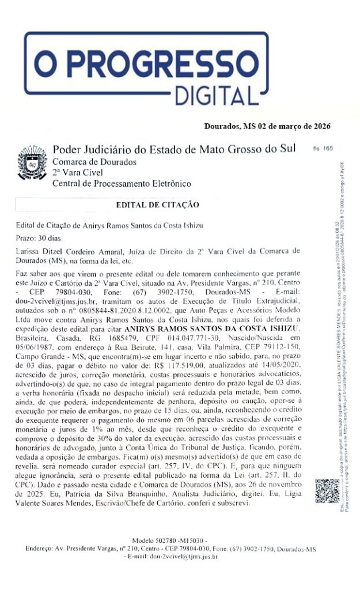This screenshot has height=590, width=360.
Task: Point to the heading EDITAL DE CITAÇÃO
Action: click(x=157, y=205)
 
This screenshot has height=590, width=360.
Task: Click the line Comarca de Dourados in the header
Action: click(x=94, y=161)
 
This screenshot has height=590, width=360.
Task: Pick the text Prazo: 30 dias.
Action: click(x=42, y=237)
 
